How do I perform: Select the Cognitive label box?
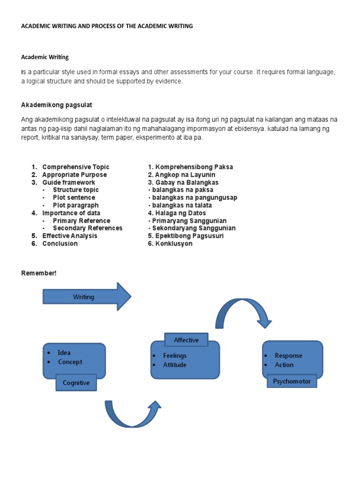(x=76, y=382)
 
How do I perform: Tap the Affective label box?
(x=186, y=340)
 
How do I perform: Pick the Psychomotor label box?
(x=292, y=381)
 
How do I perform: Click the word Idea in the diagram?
(x=64, y=352)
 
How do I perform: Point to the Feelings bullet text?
(x=174, y=356)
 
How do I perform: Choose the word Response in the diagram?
(x=288, y=356)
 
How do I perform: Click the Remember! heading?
(x=39, y=273)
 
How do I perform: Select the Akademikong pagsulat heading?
(x=60, y=105)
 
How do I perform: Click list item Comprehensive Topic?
(x=75, y=167)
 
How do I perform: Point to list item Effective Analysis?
(x=70, y=236)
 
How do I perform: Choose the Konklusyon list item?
(x=170, y=244)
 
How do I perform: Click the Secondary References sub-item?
(x=88, y=228)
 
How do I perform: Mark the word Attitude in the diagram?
(x=174, y=365)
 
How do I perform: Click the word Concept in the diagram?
(x=70, y=362)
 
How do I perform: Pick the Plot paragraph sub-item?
(x=75, y=205)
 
